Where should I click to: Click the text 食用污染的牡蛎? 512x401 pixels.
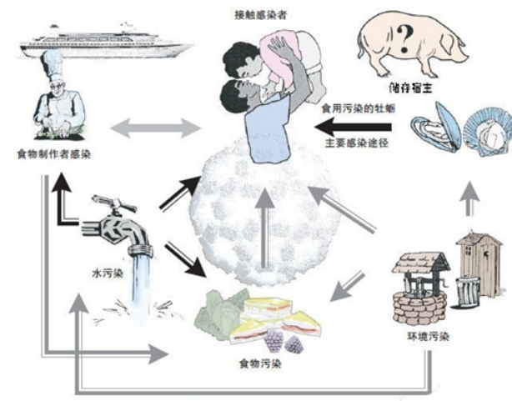pos(359,108)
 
